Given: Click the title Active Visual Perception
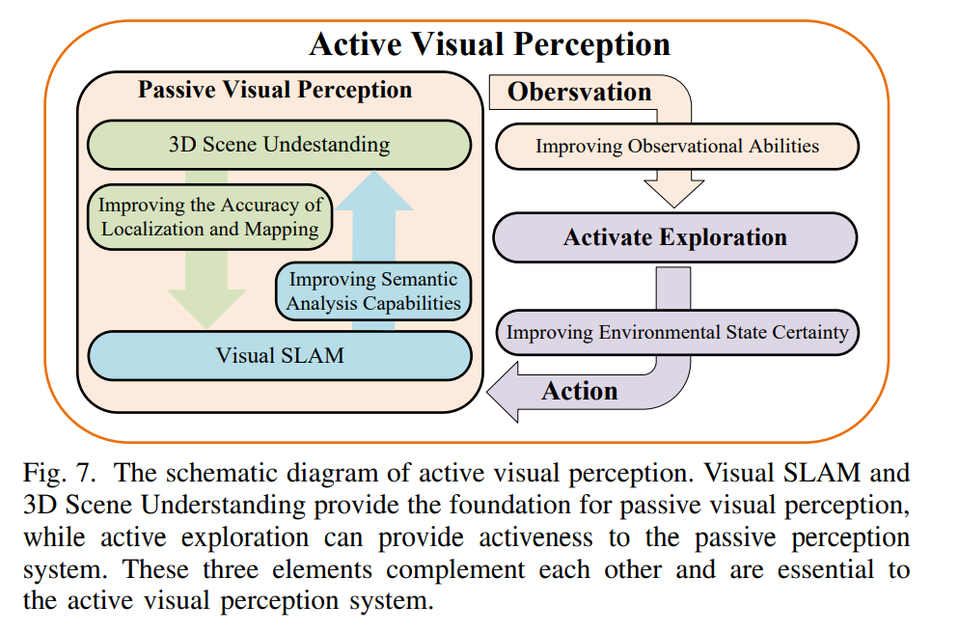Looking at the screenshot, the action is (x=489, y=44).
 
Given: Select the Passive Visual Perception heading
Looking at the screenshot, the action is (x=275, y=90).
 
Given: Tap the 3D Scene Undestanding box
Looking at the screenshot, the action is (x=280, y=145).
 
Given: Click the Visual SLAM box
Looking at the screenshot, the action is (x=280, y=356).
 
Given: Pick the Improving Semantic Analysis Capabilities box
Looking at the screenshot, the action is (x=373, y=291).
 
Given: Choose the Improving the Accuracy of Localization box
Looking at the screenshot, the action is (x=209, y=217).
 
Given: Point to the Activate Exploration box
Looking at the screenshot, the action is (x=675, y=237).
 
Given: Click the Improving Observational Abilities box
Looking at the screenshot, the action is (x=677, y=146).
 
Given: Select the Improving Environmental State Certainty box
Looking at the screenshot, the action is (x=677, y=333).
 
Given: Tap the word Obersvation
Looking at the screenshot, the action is (x=579, y=92).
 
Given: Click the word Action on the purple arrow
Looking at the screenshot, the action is (x=579, y=392).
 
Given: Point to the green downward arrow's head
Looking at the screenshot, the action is (x=206, y=309).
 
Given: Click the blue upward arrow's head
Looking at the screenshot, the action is (x=373, y=191).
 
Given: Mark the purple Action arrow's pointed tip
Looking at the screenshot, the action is (x=487, y=392).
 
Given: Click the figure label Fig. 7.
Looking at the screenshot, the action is (x=59, y=474).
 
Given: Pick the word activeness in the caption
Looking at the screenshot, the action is (x=535, y=537).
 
